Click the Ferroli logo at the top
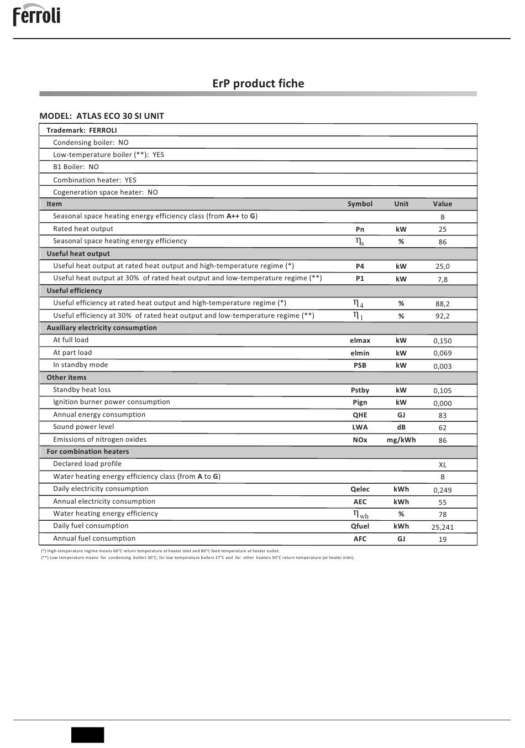tap(36, 15)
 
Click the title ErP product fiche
tap(258, 83)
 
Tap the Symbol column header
tap(360, 204)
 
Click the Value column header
tap(442, 204)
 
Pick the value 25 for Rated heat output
tap(442, 229)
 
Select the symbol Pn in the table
tap(360, 229)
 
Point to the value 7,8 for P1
tap(442, 280)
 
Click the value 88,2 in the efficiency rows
tap(442, 304)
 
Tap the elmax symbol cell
tap(360, 341)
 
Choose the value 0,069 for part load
tap(442, 353)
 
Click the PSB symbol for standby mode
tap(360, 365)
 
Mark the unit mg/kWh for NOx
tap(401, 440)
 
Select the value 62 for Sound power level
tap(442, 428)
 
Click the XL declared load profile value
tap(442, 465)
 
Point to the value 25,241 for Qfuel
tap(442, 527)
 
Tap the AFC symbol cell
tap(360, 539)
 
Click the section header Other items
tap(66, 378)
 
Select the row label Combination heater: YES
tap(95, 180)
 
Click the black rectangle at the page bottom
tap(87, 735)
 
